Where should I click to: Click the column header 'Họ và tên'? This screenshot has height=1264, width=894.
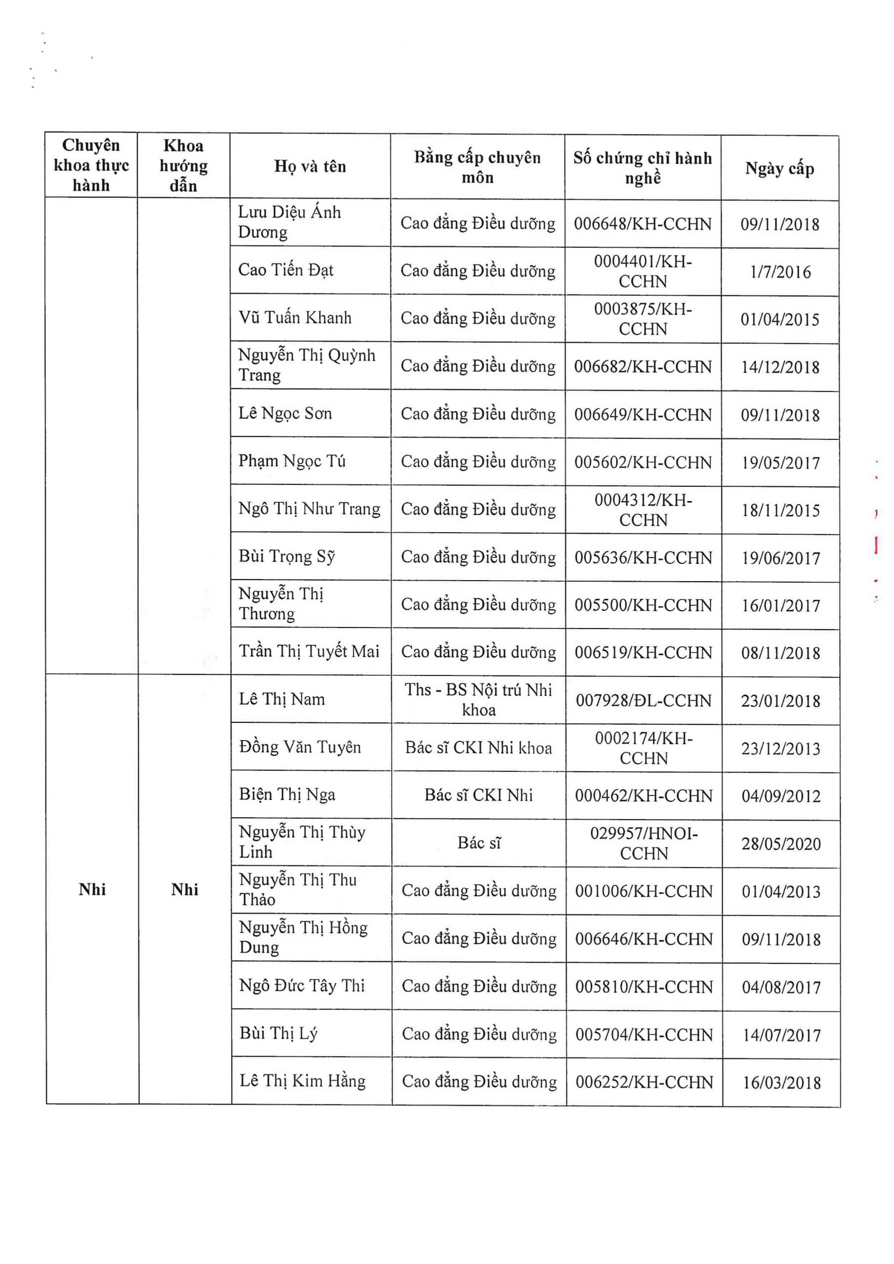click(310, 166)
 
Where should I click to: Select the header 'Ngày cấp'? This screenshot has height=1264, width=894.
click(779, 168)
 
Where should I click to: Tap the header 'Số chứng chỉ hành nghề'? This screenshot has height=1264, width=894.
click(642, 168)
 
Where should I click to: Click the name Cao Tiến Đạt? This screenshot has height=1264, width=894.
click(285, 270)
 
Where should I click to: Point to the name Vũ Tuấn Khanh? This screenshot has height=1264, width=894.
click(295, 317)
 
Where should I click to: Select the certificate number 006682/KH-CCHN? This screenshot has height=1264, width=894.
click(643, 367)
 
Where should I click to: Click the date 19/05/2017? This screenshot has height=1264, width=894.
click(780, 463)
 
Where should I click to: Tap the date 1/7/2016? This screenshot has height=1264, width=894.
click(780, 272)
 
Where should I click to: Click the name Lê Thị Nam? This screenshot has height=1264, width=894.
click(282, 699)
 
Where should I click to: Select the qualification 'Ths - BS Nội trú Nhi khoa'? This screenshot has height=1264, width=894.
click(478, 700)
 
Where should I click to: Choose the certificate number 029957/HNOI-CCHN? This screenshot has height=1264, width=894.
click(644, 843)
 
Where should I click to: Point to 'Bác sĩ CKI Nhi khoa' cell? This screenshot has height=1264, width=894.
click(478, 748)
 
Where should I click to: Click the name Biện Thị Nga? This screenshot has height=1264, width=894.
click(287, 794)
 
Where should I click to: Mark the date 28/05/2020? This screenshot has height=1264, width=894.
click(780, 844)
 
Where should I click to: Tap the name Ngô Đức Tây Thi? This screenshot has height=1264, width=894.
click(302, 986)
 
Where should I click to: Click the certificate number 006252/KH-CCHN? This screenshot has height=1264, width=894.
click(644, 1082)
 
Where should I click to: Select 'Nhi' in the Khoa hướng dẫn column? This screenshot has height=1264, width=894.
click(185, 890)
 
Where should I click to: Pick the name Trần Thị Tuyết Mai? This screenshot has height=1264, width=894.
click(309, 651)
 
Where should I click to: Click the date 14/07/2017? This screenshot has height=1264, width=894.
click(781, 1035)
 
